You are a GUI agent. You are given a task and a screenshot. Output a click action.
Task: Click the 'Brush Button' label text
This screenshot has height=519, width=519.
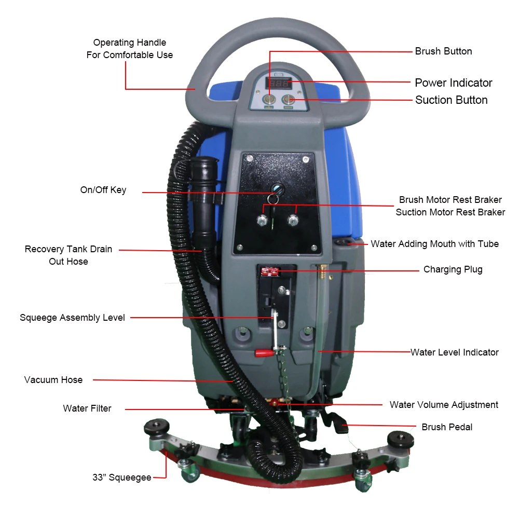pos(443,51)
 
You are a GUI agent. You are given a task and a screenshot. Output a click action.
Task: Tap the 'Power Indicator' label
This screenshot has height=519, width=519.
pos(453,83)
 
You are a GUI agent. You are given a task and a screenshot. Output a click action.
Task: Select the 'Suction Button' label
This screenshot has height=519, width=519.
pos(451,100)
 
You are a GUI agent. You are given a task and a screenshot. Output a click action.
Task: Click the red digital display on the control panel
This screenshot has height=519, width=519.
pos(278,83)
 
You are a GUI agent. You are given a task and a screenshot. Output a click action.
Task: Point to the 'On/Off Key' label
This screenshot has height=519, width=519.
pos(103,190)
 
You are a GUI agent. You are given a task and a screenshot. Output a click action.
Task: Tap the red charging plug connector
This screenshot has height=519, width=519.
pos(270,271)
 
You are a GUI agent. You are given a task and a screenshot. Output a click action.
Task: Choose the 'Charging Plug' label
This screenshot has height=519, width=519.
pos(453,269)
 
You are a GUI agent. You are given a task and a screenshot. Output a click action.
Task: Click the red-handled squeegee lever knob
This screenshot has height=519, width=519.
pos(262,353)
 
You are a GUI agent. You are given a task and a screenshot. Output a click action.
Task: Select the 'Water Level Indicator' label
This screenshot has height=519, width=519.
pos(454,352)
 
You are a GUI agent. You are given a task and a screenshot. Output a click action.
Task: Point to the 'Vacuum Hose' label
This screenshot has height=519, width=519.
pos(53,380)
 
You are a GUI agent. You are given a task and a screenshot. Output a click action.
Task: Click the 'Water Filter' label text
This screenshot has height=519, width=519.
pos(87,408)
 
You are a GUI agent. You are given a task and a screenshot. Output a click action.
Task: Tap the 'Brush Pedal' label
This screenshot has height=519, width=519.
pos(447,427)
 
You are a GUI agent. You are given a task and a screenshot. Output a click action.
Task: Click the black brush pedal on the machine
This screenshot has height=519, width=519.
pos(336,421)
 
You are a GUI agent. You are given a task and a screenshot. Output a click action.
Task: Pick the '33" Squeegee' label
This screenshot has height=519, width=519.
pos(122,477)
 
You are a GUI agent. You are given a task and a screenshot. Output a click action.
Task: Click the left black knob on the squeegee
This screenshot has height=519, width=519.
pos(157,427)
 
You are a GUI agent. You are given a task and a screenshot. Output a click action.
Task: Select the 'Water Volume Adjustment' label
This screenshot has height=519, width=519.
pos(444,405)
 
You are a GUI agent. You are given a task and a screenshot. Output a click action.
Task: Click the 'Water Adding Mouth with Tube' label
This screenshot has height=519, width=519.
pos(434,244)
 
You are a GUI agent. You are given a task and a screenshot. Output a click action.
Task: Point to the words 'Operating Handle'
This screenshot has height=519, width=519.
pos(130,43)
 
